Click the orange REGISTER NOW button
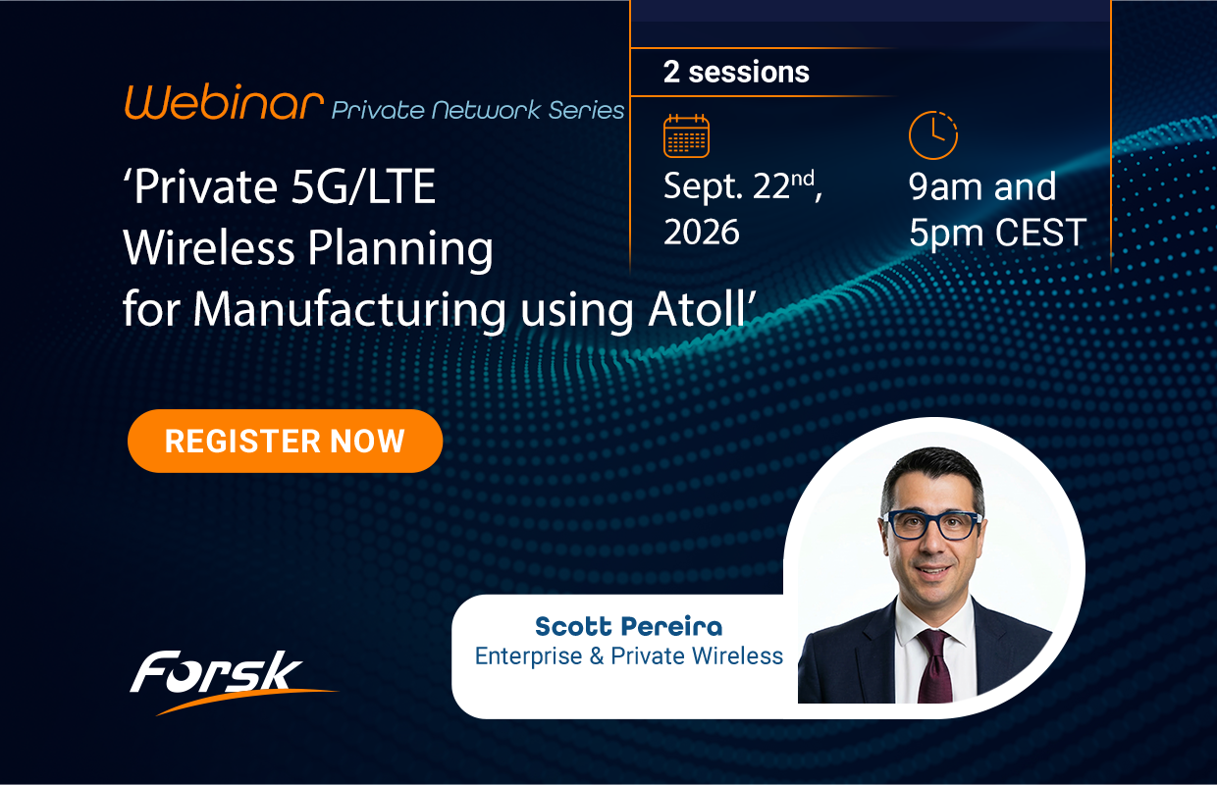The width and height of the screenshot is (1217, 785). (286, 441)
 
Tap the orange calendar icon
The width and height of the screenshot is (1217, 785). (686, 136)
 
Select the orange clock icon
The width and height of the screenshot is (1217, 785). (932, 135)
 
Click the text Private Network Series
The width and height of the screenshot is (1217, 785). (478, 110)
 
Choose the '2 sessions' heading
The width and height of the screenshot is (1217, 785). (736, 72)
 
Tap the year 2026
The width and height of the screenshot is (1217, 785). (702, 232)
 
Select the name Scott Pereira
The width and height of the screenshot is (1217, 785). (628, 626)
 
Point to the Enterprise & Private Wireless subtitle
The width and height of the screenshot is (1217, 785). (628, 655)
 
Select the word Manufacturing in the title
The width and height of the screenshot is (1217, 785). (349, 311)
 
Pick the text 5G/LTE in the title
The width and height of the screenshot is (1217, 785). (363, 186)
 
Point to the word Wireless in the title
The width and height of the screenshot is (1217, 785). (209, 247)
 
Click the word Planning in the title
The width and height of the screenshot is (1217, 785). (400, 249)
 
